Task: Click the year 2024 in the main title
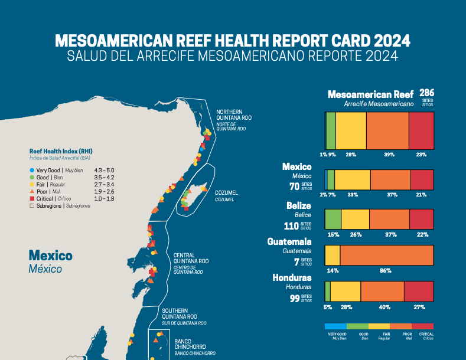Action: (x=383, y=41)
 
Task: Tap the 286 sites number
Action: (x=426, y=93)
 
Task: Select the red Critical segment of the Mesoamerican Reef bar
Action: (x=421, y=130)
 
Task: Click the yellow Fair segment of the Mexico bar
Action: (x=352, y=179)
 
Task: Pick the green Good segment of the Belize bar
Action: (x=333, y=219)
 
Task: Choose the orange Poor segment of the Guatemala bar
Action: (x=386, y=255)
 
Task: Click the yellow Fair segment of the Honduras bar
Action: (x=345, y=292)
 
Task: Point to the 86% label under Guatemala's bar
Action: (x=385, y=270)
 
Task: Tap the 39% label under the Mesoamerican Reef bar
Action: (x=389, y=155)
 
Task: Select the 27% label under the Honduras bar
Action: (x=419, y=307)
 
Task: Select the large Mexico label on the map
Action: (x=50, y=256)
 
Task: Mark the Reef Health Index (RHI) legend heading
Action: (x=61, y=151)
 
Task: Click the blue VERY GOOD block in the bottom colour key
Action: (x=335, y=326)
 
